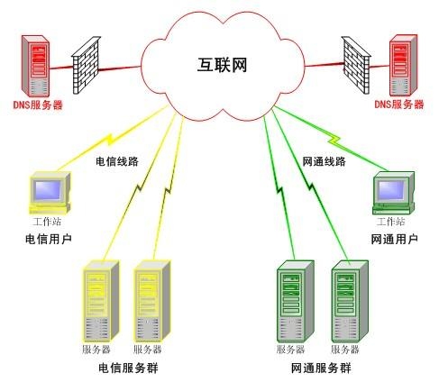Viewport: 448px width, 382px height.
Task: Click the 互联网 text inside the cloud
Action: (x=223, y=66)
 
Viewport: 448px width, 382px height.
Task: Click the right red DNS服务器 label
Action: (x=399, y=105)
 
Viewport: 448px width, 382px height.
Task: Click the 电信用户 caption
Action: (x=49, y=239)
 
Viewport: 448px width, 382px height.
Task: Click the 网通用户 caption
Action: (x=394, y=239)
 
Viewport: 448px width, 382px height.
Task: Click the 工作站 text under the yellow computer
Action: (x=48, y=221)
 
